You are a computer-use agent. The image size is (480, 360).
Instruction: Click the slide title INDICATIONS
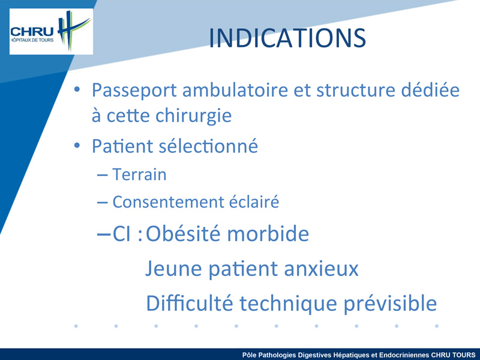287,38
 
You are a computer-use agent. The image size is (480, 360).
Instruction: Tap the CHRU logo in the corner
51,32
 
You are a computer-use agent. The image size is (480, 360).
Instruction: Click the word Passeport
134,91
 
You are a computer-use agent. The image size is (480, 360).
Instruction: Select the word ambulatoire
235,90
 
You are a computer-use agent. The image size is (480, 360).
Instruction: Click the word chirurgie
193,116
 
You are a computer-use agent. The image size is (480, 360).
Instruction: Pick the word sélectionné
208,146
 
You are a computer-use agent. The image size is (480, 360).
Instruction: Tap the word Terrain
139,175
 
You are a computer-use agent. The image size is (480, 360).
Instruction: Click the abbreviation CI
122,234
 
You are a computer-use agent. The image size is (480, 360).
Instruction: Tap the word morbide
268,233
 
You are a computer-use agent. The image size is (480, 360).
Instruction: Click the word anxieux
321,269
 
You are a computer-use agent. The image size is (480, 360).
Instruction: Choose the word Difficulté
189,303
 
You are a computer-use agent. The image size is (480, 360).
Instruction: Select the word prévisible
390,304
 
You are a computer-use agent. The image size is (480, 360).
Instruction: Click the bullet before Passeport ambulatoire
77,89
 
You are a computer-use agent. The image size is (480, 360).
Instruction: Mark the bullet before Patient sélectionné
77,145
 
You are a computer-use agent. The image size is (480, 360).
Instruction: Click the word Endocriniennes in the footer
404,355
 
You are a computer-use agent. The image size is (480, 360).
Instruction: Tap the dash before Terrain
102,175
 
